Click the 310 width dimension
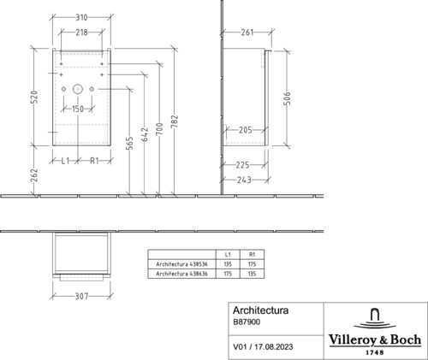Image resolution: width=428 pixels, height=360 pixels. (81, 18)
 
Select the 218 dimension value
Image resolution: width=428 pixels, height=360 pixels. (81, 32)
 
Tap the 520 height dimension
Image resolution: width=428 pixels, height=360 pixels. (34, 97)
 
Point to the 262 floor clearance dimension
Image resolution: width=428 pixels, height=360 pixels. (34, 175)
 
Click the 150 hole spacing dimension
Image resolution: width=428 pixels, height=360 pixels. (78, 109)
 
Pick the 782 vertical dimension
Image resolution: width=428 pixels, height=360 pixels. (175, 121)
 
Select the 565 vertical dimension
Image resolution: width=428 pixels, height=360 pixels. (129, 144)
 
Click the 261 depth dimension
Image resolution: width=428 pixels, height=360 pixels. (247, 32)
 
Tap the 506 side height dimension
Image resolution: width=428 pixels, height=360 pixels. (288, 98)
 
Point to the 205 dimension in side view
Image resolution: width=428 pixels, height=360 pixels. (246, 130)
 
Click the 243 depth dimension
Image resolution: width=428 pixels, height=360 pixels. (244, 180)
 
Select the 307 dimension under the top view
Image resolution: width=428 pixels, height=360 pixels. (81, 297)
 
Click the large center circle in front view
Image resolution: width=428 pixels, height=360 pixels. (78, 89)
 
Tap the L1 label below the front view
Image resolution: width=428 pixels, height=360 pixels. (65, 161)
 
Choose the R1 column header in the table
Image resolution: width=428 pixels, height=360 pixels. (252, 255)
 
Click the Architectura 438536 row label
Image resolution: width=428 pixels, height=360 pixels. (181, 264)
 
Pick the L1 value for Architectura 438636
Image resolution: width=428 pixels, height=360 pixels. (228, 274)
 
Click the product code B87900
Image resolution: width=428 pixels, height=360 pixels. (247, 322)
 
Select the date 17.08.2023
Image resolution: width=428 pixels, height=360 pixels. (274, 347)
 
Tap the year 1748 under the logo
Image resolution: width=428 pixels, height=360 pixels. (375, 352)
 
